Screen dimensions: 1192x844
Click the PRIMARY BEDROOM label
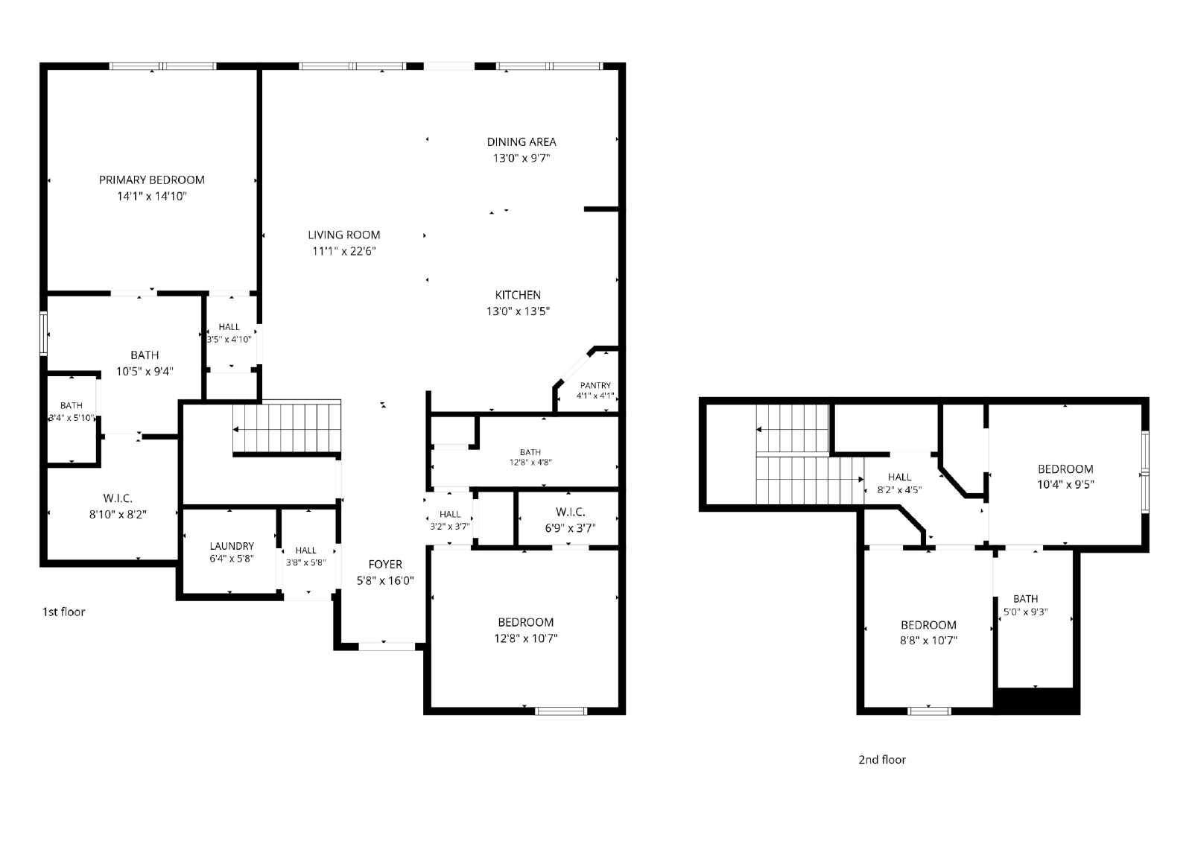(152, 180)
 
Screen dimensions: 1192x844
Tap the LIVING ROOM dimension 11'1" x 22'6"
(343, 251)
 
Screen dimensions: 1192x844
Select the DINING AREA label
(521, 142)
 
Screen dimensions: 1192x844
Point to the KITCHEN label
(518, 295)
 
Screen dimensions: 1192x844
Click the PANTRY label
(595, 385)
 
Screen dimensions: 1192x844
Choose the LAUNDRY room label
(232, 546)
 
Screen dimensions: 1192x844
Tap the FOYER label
(385, 564)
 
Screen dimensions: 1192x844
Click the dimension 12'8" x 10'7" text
(526, 638)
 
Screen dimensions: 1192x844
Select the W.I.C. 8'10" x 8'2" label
(118, 506)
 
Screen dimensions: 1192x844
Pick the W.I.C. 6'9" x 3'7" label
(571, 519)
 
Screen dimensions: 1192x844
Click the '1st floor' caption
(64, 612)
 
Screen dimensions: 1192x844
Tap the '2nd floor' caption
(882, 760)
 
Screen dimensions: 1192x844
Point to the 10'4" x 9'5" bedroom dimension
(1065, 485)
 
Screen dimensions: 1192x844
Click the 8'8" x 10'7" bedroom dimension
(928, 641)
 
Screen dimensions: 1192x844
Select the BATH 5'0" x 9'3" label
(1025, 605)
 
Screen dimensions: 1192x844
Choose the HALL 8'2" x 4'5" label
(899, 483)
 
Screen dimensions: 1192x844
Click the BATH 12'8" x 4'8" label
(530, 457)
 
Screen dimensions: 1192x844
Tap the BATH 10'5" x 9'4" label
(145, 363)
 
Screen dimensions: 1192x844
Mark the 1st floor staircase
(287, 428)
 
